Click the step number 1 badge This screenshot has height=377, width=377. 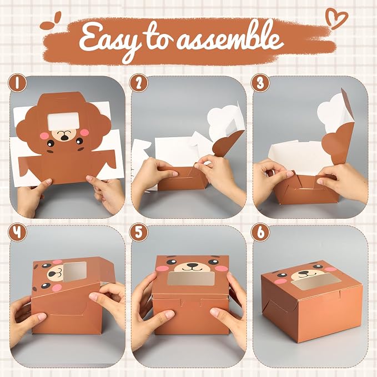point(17,83)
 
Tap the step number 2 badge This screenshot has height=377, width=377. point(138,83)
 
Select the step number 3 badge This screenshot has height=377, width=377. point(260,83)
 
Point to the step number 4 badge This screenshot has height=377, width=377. point(17,232)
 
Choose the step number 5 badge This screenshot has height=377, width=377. point(138,232)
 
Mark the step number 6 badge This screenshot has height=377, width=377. point(260,232)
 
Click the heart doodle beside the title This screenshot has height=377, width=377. point(336,18)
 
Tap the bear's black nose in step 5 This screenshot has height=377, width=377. point(192,265)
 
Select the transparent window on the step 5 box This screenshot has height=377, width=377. point(191,278)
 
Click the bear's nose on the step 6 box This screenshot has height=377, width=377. point(304,273)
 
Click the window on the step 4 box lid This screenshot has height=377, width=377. point(74,272)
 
